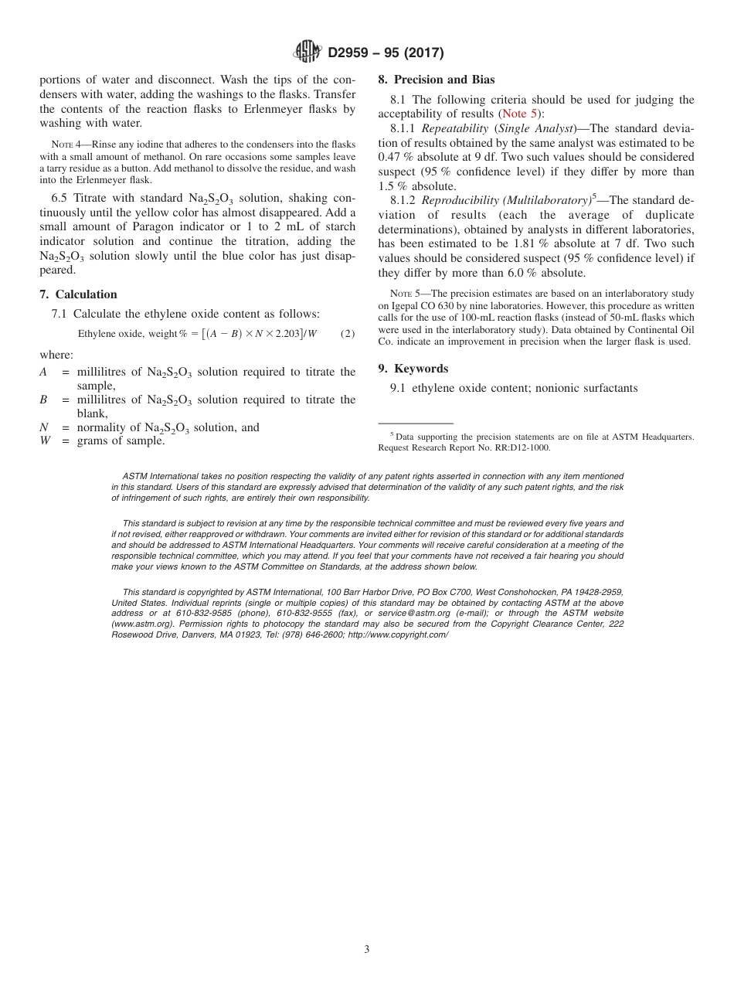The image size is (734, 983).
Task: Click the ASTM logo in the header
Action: [x=308, y=53]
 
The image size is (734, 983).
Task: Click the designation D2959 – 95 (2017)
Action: [x=386, y=53]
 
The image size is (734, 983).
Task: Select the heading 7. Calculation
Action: [x=78, y=294]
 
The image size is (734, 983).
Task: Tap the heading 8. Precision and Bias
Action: [x=436, y=80]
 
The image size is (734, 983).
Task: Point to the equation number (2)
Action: [x=348, y=333]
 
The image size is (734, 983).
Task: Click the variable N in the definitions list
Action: [x=43, y=427]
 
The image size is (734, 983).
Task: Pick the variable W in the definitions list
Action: [x=44, y=441]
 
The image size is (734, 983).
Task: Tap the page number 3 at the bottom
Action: [x=367, y=950]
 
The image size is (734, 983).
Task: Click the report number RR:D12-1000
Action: [x=519, y=447]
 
